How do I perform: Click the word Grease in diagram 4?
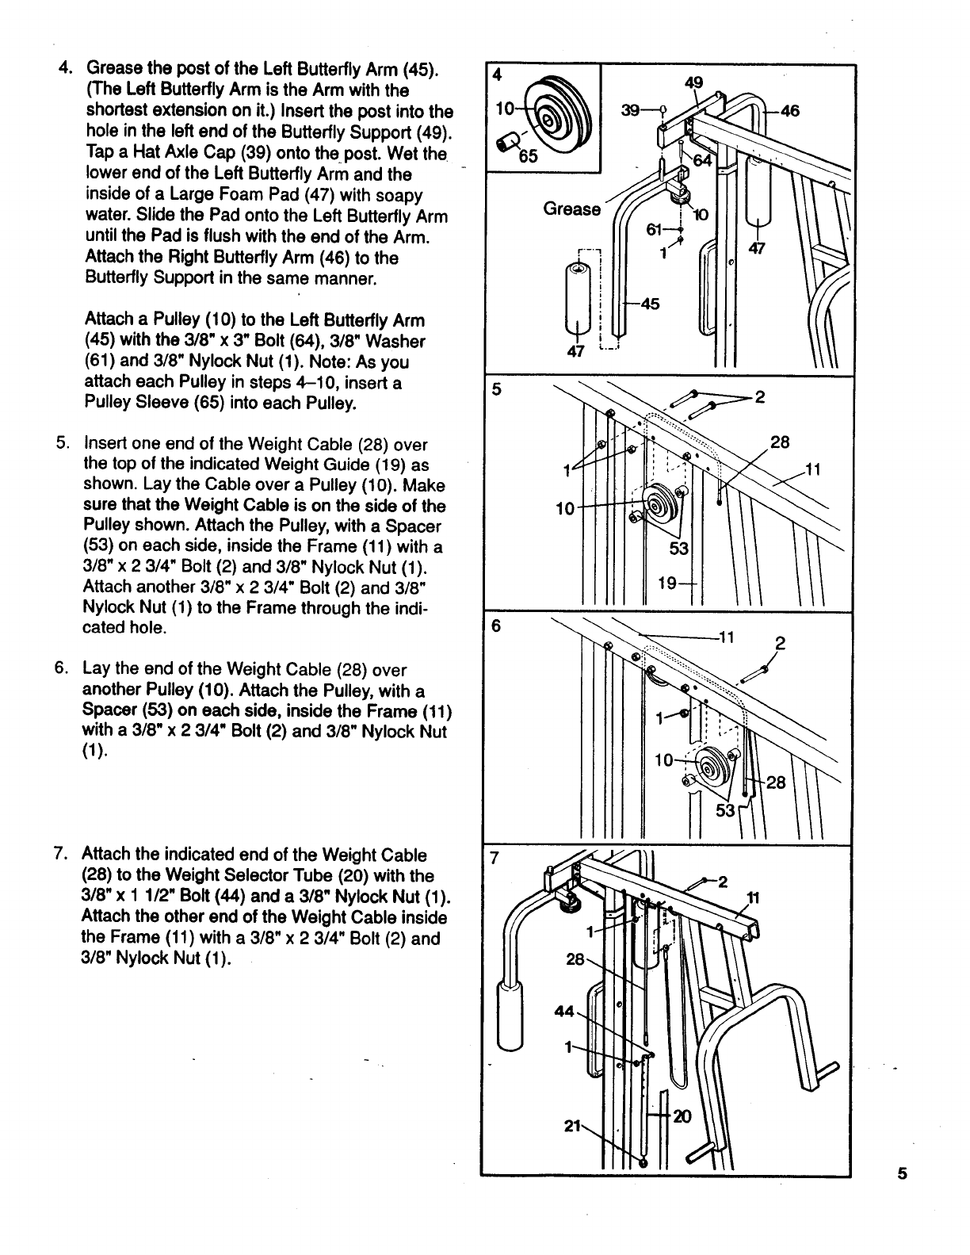[x=571, y=209]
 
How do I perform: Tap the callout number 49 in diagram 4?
[x=693, y=82]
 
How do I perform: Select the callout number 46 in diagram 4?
[x=789, y=112]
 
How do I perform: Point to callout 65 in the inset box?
[x=527, y=156]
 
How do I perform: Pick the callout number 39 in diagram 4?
[x=631, y=112]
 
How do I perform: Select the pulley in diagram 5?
[x=659, y=505]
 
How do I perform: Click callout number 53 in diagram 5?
[x=679, y=549]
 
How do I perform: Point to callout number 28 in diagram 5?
[x=780, y=442]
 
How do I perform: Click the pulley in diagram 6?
[x=710, y=767]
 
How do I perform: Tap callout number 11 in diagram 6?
[x=727, y=637]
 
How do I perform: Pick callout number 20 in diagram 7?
[x=682, y=1116]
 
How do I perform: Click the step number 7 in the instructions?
[x=59, y=855]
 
